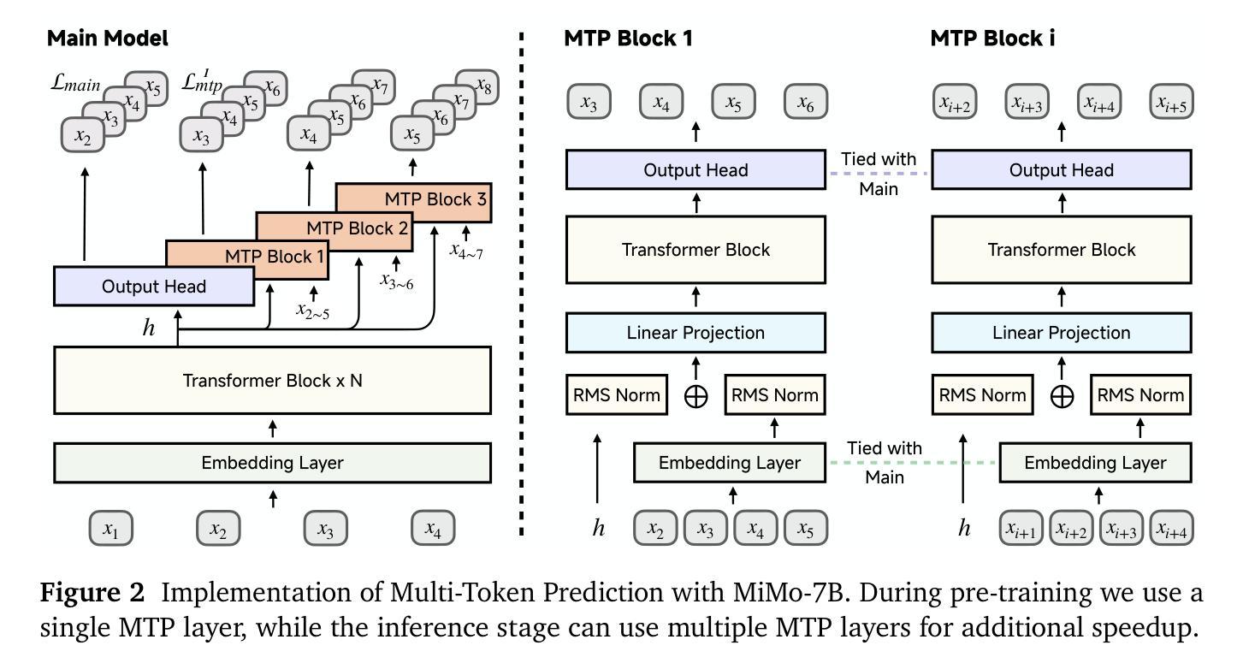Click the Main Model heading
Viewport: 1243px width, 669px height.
click(x=107, y=38)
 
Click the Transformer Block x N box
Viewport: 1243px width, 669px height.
click(x=272, y=381)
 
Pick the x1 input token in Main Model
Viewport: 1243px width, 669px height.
click(x=111, y=529)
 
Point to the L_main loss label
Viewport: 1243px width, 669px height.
click(x=75, y=83)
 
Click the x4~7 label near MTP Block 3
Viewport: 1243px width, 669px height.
click(x=466, y=252)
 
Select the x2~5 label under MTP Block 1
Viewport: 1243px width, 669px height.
click(x=313, y=311)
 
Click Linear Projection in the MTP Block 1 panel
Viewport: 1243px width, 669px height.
click(x=695, y=333)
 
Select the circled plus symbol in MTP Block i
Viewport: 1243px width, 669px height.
click(x=1062, y=397)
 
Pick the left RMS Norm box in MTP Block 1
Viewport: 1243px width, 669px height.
click(x=617, y=395)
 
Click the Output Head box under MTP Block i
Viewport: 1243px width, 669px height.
click(x=1062, y=169)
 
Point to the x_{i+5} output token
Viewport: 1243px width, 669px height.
click(x=1171, y=102)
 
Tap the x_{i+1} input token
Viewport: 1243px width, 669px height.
click(x=1021, y=529)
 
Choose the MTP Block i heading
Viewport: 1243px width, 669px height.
click(x=992, y=38)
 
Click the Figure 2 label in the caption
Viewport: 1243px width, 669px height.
click(x=92, y=592)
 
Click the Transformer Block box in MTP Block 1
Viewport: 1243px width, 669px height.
click(x=695, y=250)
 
